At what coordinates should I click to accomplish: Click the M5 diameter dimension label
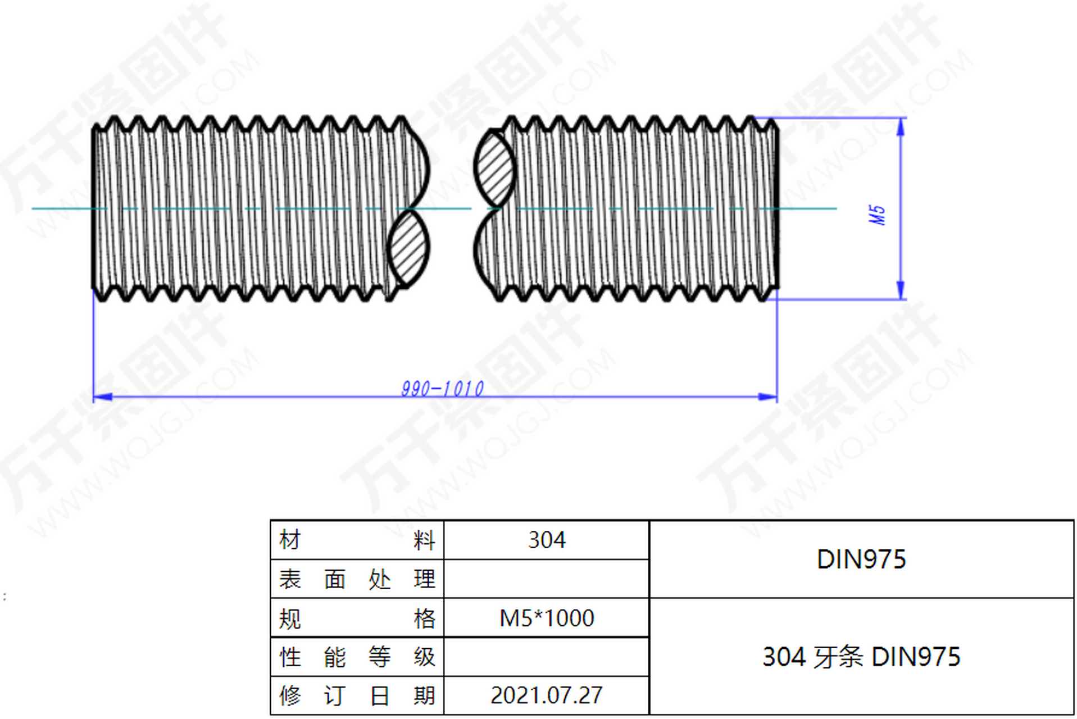877,215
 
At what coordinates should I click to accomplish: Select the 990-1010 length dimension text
442,389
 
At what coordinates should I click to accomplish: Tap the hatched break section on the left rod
408,248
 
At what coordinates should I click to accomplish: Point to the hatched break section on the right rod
494,169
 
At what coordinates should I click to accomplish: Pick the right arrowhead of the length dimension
768,397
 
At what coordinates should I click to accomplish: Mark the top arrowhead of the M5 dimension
901,127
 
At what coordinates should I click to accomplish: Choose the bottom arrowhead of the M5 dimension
901,290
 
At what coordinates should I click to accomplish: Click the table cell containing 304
546,540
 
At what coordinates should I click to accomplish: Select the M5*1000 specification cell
546,618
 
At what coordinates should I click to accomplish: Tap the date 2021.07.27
546,695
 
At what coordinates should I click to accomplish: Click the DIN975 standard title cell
861,559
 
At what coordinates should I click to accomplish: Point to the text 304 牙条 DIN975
861,657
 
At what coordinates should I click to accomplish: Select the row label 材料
357,540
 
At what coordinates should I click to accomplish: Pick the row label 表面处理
357,579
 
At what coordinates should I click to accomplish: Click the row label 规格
357,618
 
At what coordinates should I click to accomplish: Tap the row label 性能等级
357,657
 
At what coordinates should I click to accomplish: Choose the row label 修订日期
357,695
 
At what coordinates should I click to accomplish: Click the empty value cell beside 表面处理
546,579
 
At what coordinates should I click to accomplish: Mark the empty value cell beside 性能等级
546,657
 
